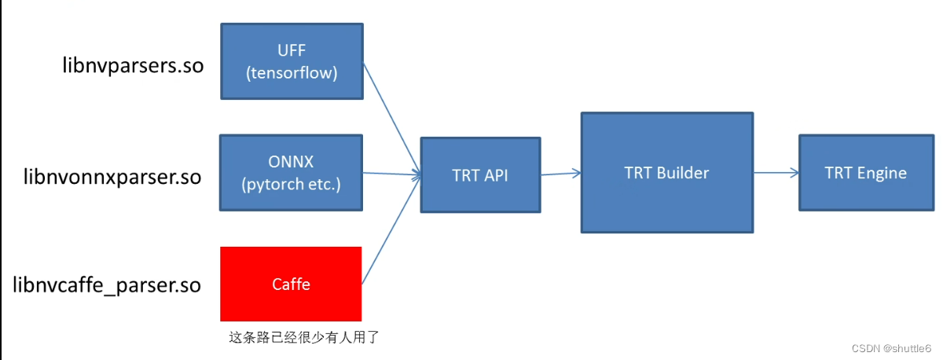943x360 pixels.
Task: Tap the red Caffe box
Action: coord(291,284)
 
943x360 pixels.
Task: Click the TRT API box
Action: coord(480,175)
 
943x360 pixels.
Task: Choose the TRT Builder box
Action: coord(666,173)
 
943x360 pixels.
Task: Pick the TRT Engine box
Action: coord(865,173)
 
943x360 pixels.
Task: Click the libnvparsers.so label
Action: coord(133,65)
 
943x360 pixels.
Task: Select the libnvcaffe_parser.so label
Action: coord(107,284)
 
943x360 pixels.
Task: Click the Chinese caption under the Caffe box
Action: coord(303,337)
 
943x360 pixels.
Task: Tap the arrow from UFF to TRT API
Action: coord(390,118)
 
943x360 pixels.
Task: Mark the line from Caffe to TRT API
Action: coord(391,227)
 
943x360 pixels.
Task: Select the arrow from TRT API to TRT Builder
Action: coord(560,174)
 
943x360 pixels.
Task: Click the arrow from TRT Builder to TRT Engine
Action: coord(776,173)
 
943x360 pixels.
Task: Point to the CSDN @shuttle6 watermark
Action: coord(891,347)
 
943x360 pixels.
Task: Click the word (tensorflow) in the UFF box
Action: coord(292,73)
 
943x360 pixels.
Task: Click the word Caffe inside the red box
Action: coord(291,285)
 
